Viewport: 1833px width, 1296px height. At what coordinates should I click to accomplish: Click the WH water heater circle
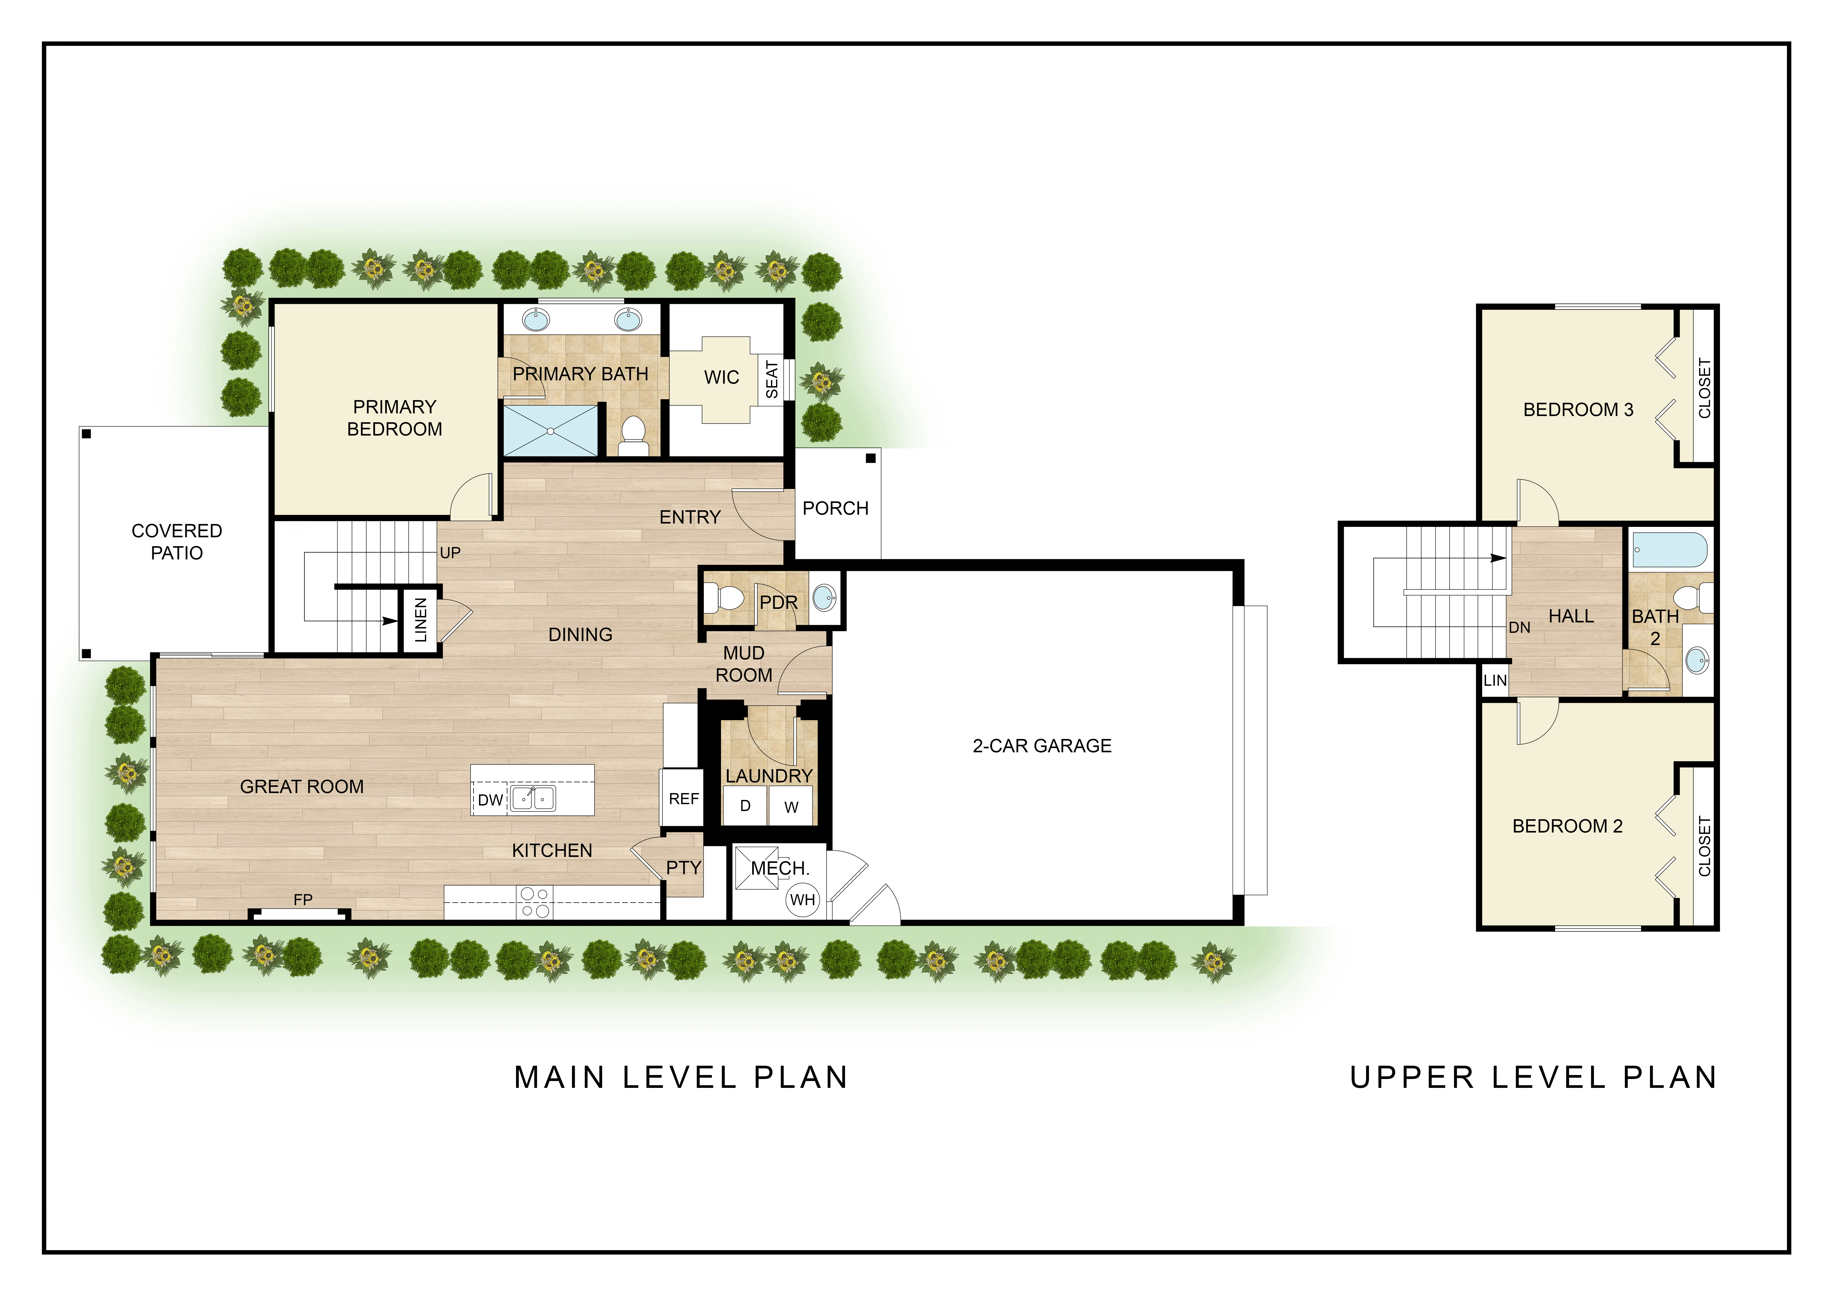click(x=802, y=900)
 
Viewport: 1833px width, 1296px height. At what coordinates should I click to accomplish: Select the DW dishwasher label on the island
click(x=490, y=800)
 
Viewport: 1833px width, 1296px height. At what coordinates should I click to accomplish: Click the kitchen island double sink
click(x=533, y=799)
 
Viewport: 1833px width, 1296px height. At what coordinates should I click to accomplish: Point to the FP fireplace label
click(x=303, y=900)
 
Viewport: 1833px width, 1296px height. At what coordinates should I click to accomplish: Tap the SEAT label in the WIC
click(x=771, y=379)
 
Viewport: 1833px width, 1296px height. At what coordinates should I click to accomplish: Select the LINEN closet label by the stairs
click(x=421, y=620)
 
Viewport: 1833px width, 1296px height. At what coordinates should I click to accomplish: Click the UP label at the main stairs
click(x=450, y=553)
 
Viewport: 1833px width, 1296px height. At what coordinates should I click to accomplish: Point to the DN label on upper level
click(x=1519, y=628)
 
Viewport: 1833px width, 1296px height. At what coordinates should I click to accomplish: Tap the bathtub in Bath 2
click(x=1669, y=549)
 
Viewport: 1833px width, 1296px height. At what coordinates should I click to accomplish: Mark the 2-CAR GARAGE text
click(x=1042, y=746)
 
